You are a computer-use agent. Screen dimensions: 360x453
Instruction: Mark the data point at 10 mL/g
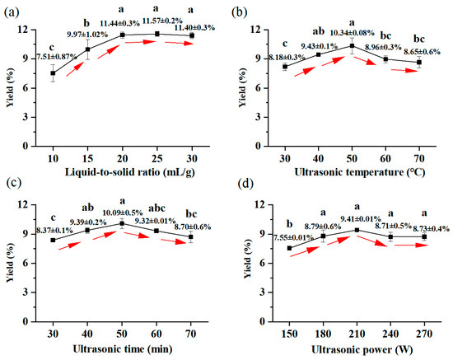click(x=54, y=73)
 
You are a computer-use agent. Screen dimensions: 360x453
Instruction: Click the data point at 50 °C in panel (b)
click(x=353, y=45)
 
